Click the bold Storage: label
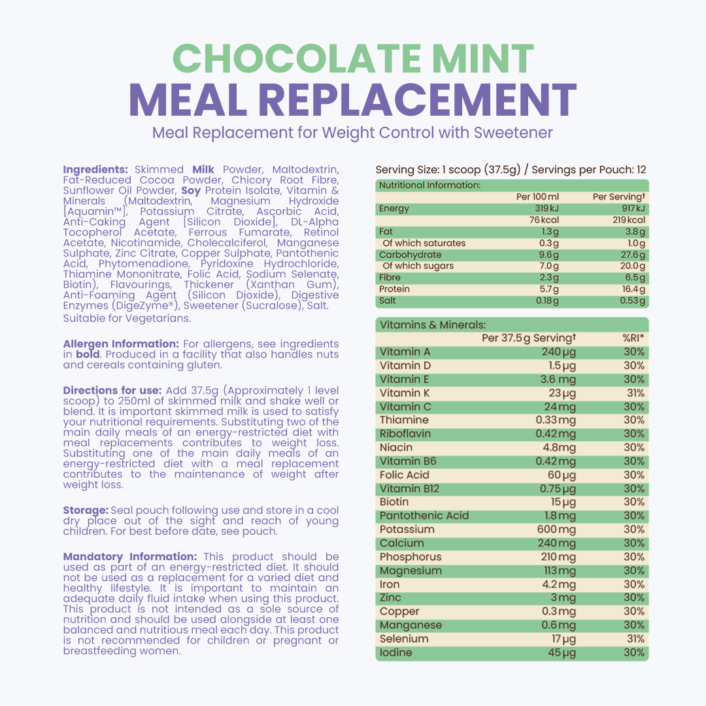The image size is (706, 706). coord(86,511)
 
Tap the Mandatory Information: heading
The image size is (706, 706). coord(131,557)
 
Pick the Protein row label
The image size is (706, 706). coord(394,289)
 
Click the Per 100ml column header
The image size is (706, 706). coord(538,197)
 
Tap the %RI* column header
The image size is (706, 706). coord(633,338)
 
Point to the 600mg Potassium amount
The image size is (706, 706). coord(558,529)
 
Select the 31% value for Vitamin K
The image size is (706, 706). coord(634,393)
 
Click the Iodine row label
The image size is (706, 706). coord(396,652)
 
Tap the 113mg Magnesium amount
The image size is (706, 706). coord(560,571)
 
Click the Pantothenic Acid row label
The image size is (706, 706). coord(424,516)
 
